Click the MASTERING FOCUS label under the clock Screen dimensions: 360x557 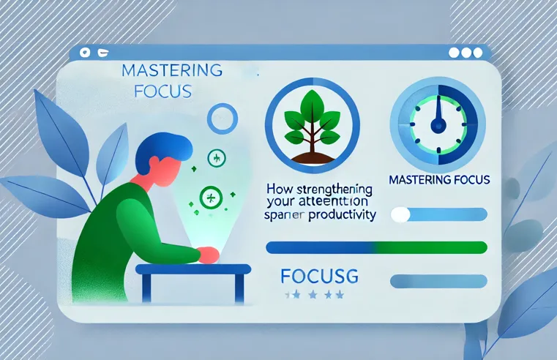pos(440,179)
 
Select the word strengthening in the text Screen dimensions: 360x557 pos(336,190)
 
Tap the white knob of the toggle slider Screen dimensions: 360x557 pos(400,214)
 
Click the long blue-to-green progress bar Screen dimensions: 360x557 pos(376,247)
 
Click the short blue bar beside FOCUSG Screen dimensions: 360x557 pos(439,280)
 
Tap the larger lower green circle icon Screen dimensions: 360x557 pos(209,196)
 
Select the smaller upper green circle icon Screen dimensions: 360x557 pos(217,157)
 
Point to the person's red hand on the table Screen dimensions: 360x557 pos(208,255)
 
